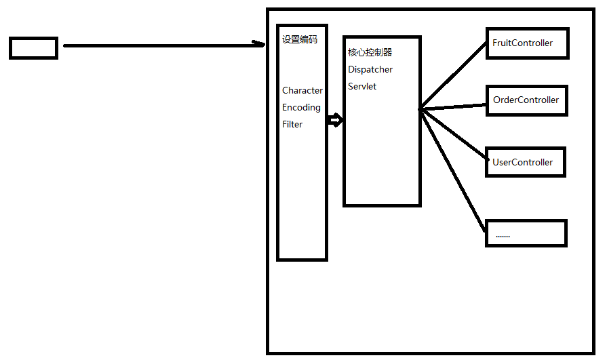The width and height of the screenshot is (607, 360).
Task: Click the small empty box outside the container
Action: point(33,48)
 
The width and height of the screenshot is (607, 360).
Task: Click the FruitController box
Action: point(527,43)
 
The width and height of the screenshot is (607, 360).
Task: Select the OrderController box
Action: point(526,100)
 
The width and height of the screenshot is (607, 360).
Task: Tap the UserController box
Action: point(524,162)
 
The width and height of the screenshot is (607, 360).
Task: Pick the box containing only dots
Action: point(526,233)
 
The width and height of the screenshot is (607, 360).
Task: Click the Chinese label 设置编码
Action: point(299,39)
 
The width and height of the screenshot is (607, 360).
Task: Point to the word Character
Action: point(302,91)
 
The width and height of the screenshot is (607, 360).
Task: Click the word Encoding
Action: point(301,108)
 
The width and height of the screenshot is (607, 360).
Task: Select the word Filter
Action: point(292,125)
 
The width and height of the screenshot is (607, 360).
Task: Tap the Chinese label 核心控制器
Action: point(370,52)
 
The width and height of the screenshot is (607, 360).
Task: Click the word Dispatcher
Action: point(370,69)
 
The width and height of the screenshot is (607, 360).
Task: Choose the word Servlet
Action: point(362,86)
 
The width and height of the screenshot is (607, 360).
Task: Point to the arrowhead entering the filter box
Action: point(258,45)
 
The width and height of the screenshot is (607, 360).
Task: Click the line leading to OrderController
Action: point(453,106)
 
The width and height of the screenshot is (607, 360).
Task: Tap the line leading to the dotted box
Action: point(453,166)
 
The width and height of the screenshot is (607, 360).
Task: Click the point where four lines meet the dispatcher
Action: point(420,108)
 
